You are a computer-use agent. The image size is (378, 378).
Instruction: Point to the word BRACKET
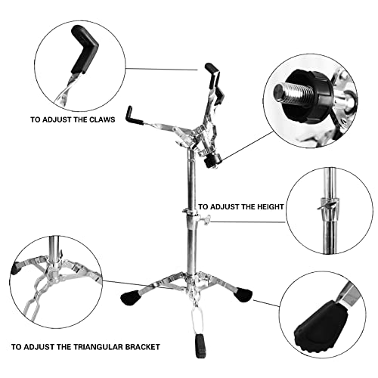pos(144,346)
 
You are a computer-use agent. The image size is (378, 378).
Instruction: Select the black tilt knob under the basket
pos(214,159)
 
